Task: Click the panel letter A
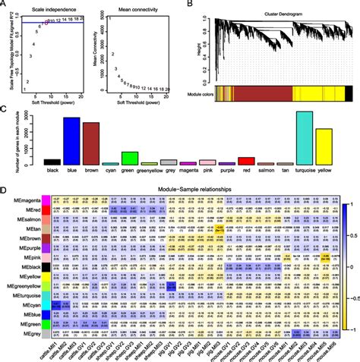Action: (5, 5)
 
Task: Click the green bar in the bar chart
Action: (130, 158)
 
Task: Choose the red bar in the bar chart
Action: (246, 161)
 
